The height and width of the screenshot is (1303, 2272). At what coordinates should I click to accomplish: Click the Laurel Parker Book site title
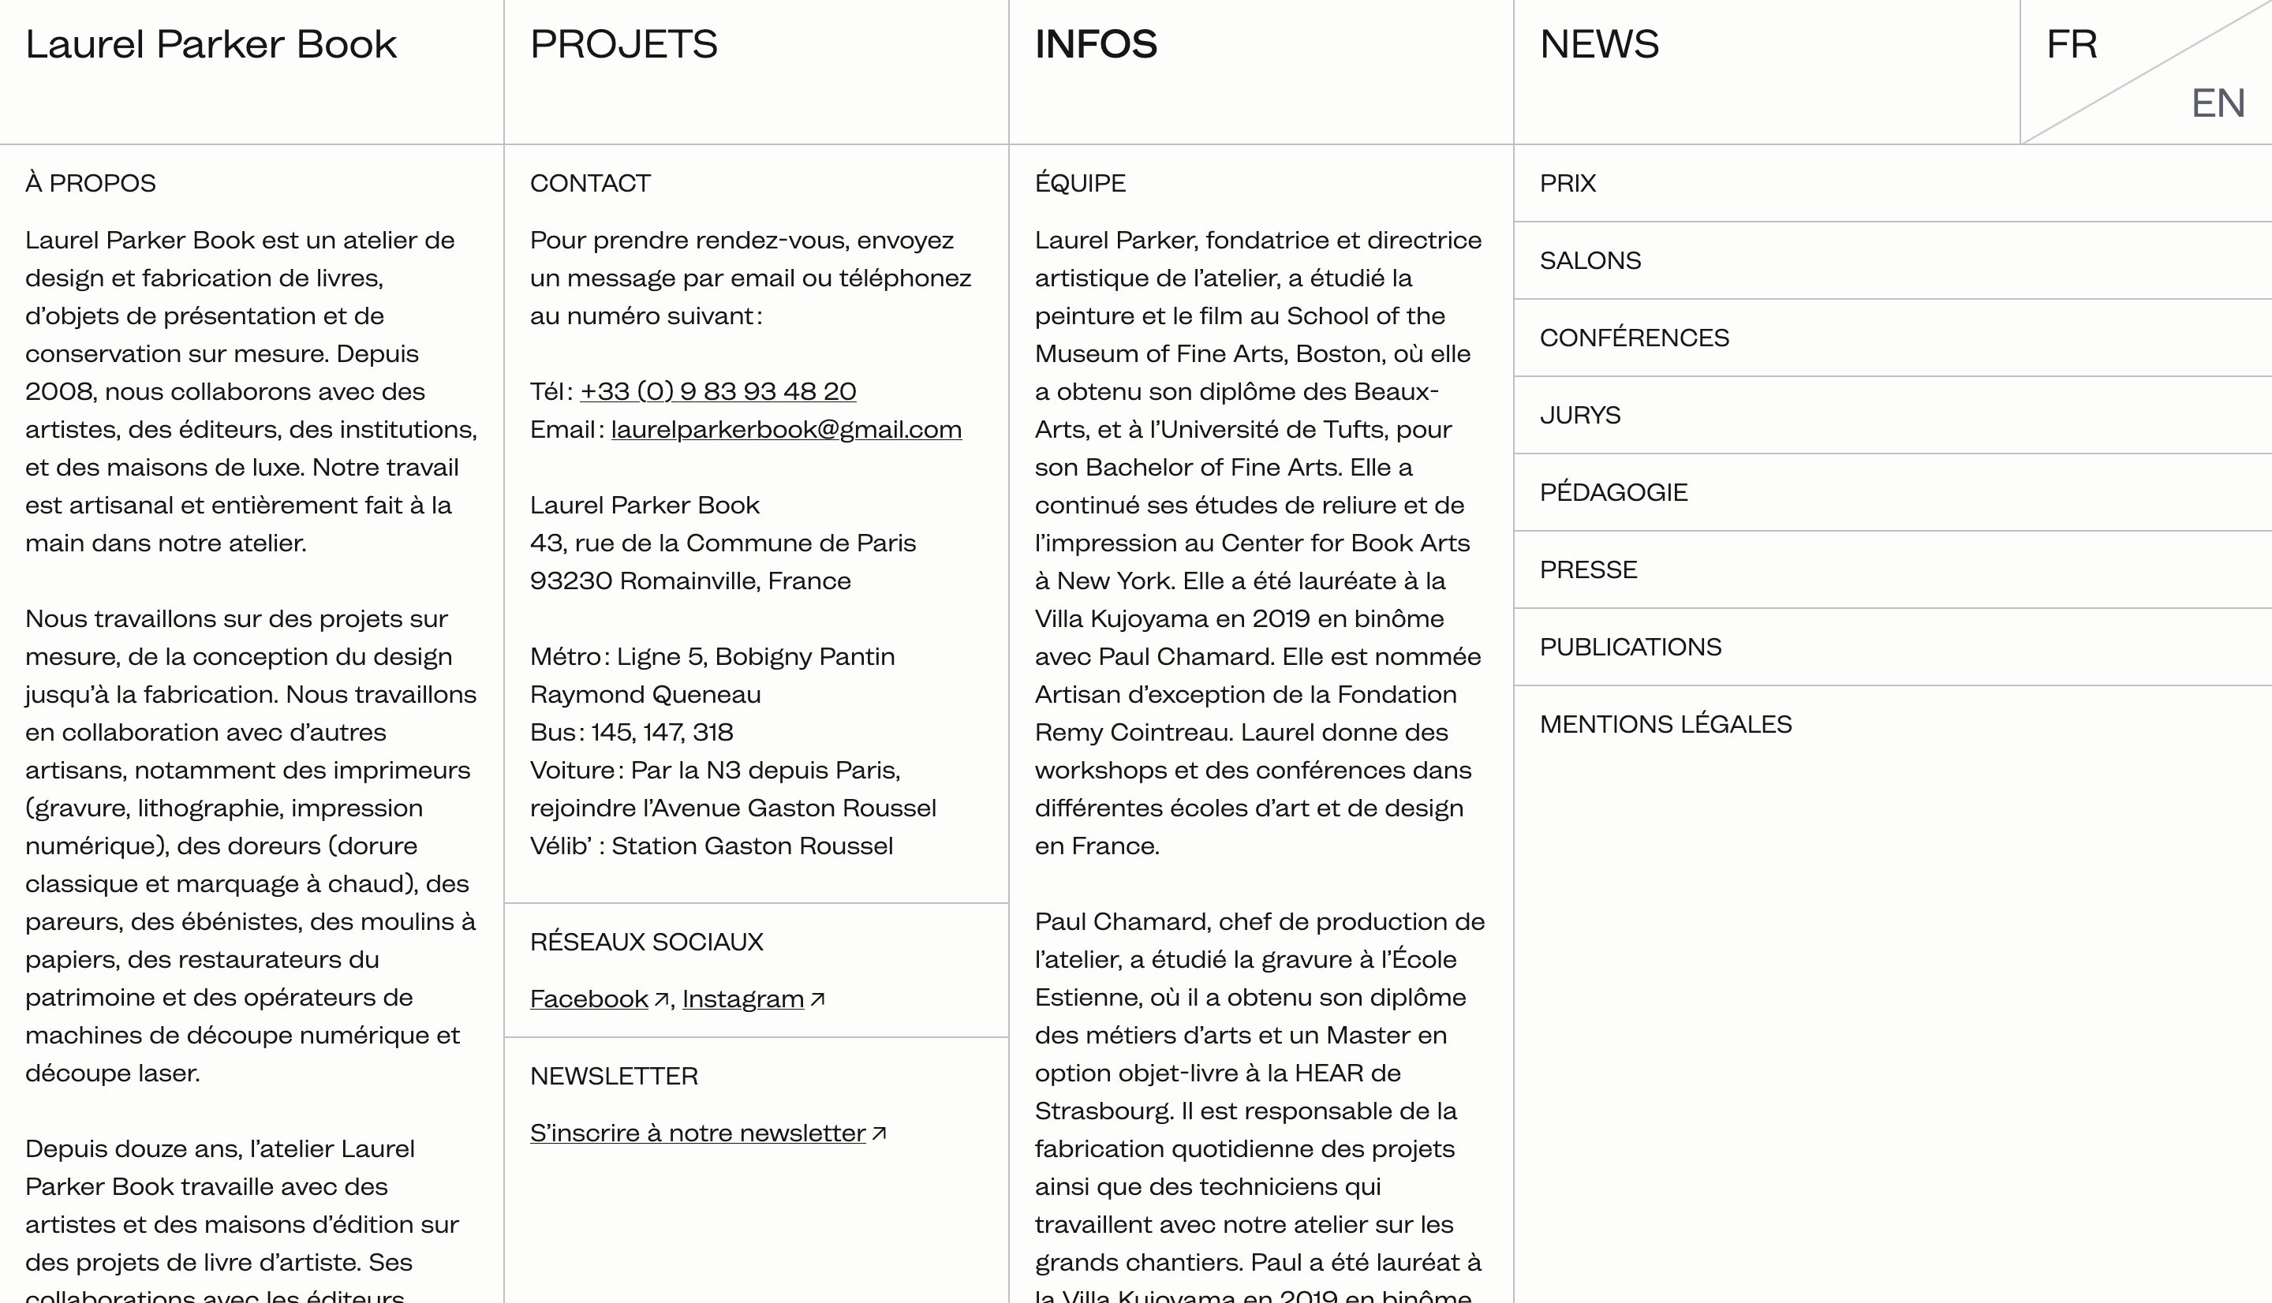[211, 45]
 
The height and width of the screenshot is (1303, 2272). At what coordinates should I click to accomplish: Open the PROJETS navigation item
[624, 45]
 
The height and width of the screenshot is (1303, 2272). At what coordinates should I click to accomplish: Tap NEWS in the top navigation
[1599, 45]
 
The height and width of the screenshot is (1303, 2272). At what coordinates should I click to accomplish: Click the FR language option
[2072, 45]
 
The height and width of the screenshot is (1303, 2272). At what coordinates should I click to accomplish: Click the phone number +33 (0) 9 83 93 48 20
[718, 391]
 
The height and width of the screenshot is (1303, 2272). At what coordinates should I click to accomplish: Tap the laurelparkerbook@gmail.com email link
[786, 430]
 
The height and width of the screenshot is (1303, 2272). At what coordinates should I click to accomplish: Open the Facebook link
[589, 999]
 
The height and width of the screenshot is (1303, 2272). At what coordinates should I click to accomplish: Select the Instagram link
[742, 999]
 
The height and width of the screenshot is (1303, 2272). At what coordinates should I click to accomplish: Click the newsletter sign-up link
[698, 1133]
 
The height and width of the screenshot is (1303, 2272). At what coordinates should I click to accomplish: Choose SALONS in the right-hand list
[1590, 260]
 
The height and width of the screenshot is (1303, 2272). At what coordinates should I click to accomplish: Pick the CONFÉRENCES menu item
[1634, 338]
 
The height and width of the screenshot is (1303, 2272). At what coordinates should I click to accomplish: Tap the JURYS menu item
[1579, 415]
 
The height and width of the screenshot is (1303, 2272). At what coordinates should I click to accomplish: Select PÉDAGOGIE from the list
[1613, 492]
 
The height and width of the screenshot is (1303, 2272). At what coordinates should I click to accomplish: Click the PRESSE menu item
[1588, 570]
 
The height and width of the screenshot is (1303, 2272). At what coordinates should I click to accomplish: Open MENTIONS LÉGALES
[1665, 724]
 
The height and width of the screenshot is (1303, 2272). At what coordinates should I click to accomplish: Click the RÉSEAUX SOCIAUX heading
[646, 942]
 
